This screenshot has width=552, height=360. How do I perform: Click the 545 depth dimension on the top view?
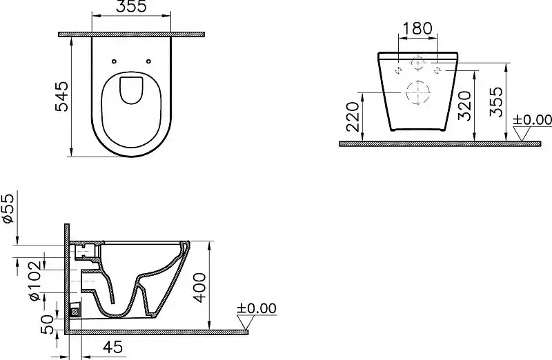tap(62, 97)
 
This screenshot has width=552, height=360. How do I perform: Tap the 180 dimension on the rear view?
tap(417, 28)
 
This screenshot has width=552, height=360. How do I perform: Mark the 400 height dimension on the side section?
tap(199, 286)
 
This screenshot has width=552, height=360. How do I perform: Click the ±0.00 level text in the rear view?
tap(532, 120)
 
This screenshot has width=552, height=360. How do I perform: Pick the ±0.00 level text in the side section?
tap(256, 308)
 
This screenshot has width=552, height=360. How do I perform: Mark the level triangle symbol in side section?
tap(245, 322)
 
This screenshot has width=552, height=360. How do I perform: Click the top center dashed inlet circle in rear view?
tap(417, 63)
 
